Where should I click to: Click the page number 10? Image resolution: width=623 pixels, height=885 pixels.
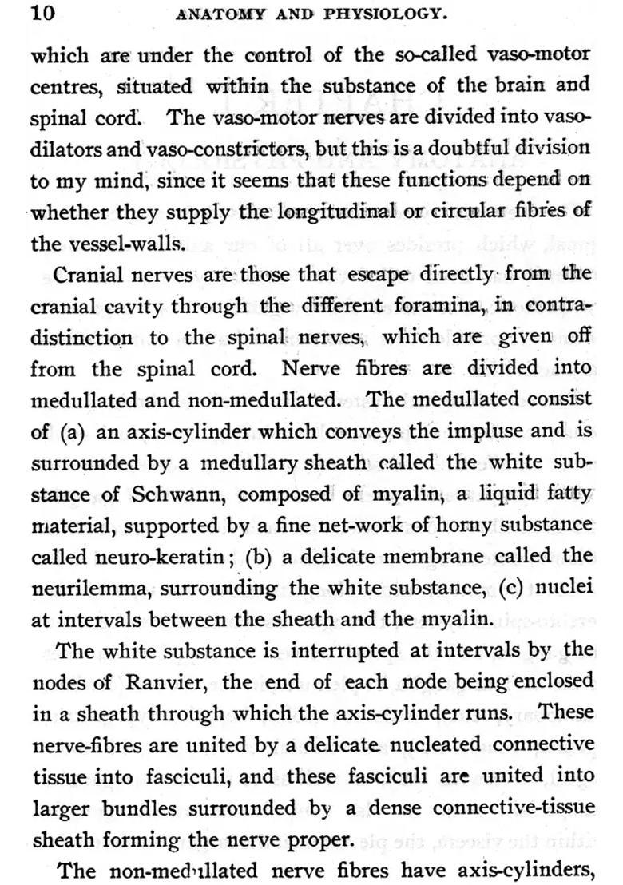click(41, 12)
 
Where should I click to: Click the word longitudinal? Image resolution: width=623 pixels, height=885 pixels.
click(335, 211)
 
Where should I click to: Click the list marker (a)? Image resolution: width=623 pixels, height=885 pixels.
click(72, 432)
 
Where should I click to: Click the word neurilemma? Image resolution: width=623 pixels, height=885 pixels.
click(87, 588)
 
